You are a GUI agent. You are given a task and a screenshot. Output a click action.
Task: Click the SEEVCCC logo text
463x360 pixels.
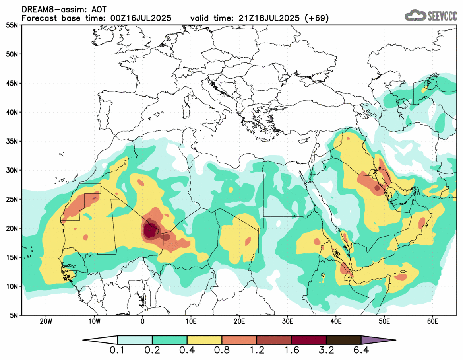442,16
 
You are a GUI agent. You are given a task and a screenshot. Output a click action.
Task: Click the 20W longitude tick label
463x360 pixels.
46,321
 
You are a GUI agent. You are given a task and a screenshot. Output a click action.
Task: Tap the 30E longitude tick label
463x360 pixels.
288,321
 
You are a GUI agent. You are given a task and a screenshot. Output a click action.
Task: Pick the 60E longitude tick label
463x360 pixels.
433,321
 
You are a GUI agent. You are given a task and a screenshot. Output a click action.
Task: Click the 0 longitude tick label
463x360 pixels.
143,321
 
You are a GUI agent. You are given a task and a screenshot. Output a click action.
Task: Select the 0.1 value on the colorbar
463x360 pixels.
118,351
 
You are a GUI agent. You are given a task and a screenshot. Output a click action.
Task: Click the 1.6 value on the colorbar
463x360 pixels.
291,351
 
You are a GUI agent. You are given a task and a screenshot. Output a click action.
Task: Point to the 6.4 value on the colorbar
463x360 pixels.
361,351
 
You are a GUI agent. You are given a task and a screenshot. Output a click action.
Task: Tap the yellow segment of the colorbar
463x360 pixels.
204,340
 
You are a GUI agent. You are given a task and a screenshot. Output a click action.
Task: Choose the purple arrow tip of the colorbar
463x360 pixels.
378,340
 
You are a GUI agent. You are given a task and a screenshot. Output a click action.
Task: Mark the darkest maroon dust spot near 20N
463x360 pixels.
149,230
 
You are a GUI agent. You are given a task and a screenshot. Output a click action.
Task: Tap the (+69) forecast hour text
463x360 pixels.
316,18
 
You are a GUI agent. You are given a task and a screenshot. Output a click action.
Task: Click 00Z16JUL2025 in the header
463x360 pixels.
141,18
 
